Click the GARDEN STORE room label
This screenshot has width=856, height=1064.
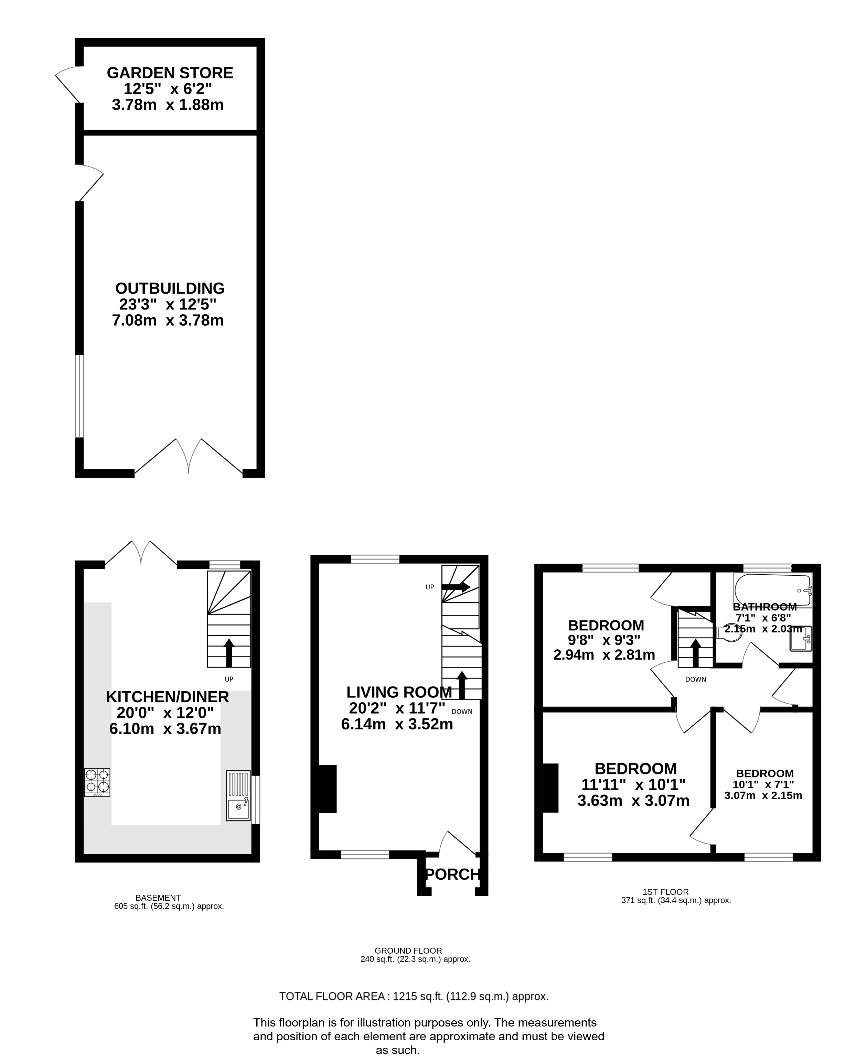(x=170, y=73)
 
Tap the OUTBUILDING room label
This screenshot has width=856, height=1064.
(x=170, y=288)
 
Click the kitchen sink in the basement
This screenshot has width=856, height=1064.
(x=238, y=795)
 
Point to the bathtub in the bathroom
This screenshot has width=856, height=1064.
(x=773, y=590)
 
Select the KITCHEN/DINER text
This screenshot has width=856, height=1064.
(x=167, y=697)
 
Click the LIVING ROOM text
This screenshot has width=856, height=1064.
(x=399, y=692)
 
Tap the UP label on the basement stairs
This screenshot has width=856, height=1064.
(x=229, y=679)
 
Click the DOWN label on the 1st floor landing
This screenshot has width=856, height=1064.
(x=696, y=680)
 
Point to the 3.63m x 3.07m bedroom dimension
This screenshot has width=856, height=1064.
(x=633, y=800)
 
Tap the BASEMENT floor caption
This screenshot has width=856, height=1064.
(x=158, y=898)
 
